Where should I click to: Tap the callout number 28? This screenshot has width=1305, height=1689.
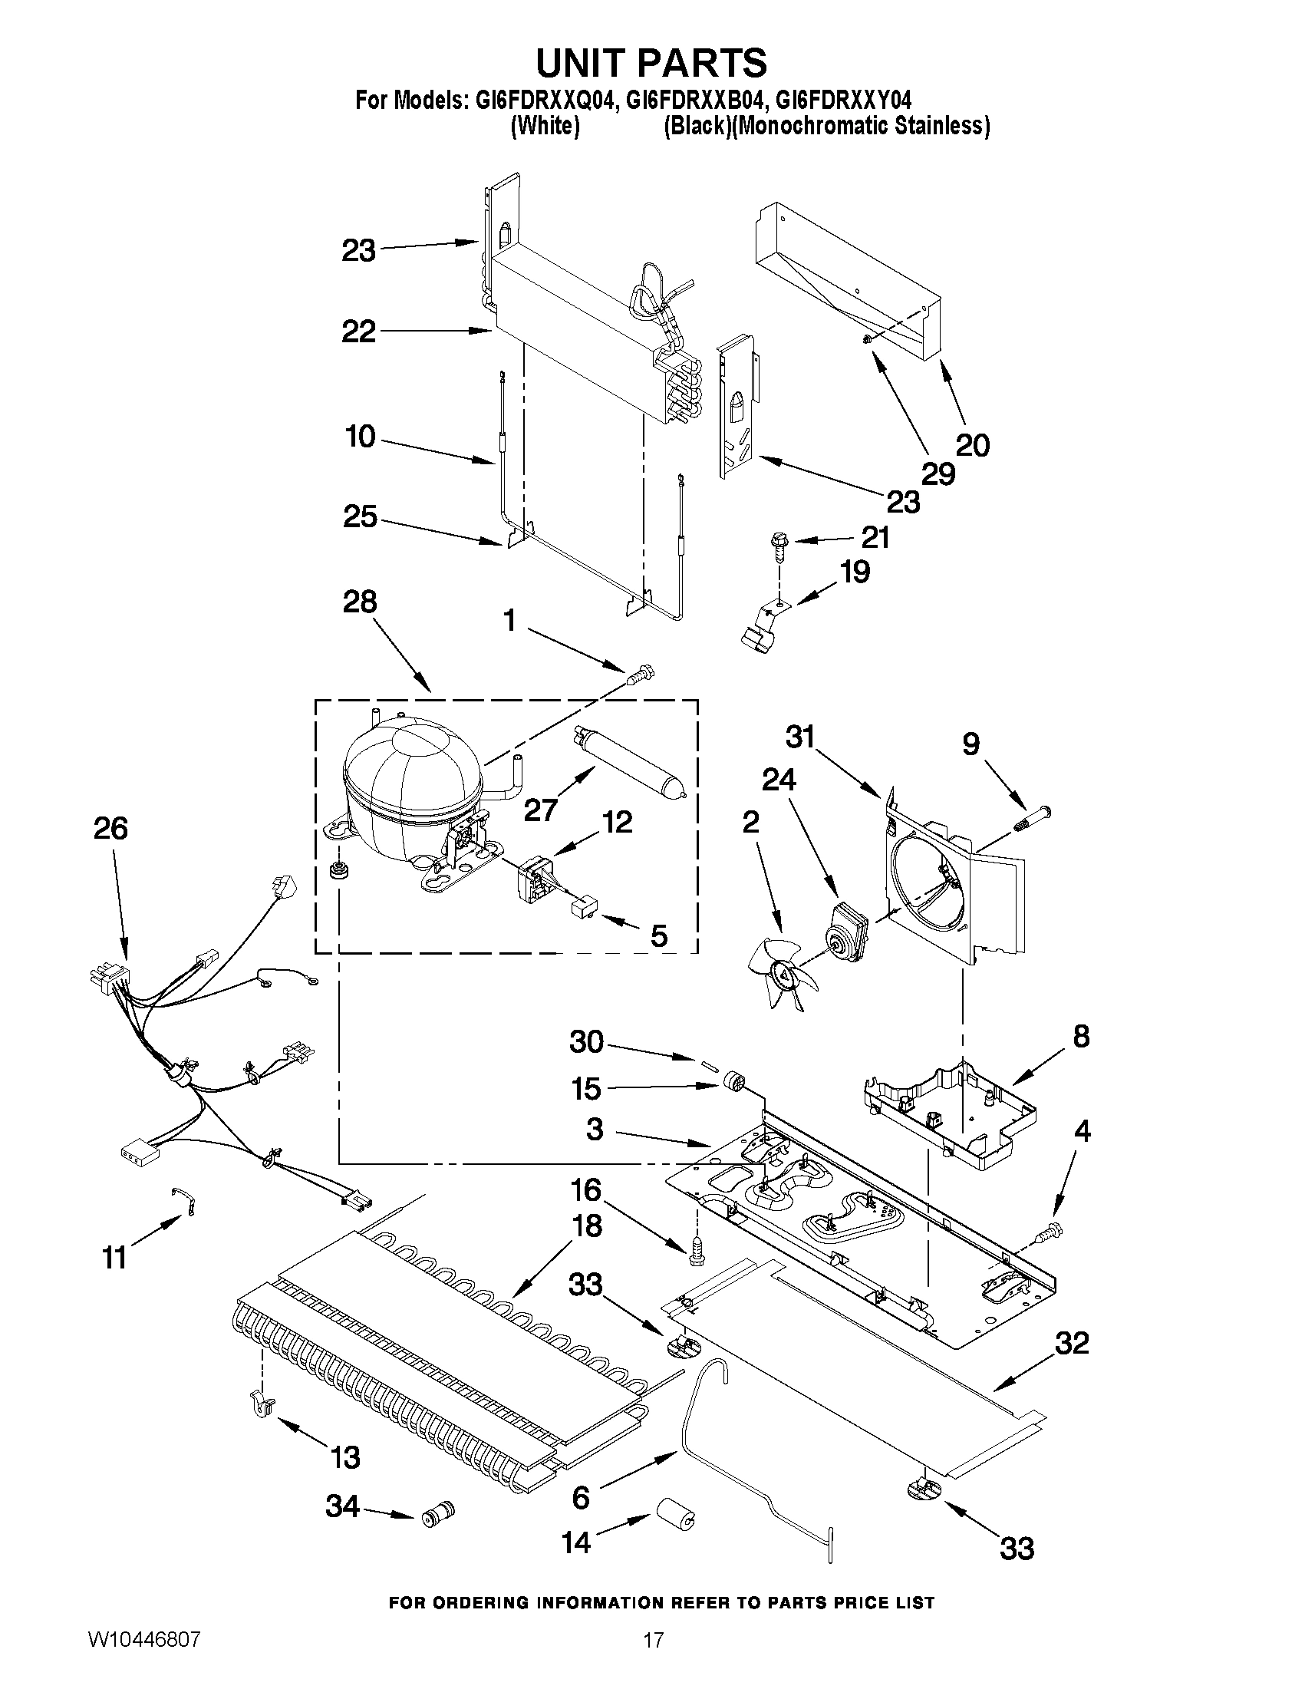(x=360, y=602)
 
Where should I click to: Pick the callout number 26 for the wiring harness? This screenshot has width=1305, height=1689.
(x=110, y=828)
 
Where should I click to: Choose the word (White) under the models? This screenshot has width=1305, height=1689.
(x=544, y=126)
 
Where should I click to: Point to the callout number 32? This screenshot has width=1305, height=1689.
(x=1071, y=1343)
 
